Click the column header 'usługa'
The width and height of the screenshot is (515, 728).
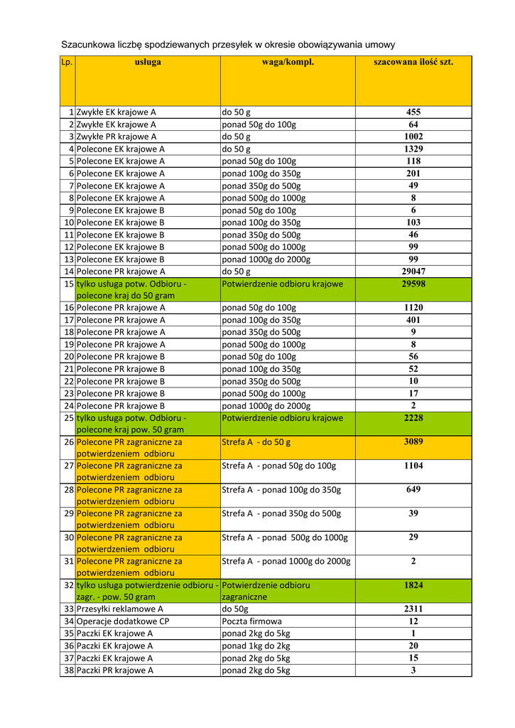point(148,62)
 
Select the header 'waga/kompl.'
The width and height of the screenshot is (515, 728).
point(288,62)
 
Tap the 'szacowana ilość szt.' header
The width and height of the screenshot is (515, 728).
point(413,62)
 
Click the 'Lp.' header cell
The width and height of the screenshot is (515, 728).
point(67,62)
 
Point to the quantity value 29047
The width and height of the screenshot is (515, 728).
point(413,271)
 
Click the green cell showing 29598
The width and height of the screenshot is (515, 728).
point(413,283)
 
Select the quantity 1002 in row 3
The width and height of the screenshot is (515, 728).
point(413,136)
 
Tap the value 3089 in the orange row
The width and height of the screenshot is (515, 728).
point(413,441)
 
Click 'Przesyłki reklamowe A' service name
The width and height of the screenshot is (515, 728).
point(120,609)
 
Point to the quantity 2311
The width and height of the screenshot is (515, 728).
point(413,609)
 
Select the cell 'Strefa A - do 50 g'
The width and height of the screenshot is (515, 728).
point(256,442)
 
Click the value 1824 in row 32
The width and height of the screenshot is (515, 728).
point(413,584)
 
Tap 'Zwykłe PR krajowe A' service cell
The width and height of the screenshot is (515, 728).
point(116,136)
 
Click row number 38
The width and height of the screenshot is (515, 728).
point(69,670)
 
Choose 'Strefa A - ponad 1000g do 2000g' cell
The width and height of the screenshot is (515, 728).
point(286,561)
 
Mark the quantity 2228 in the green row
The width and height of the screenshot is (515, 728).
point(413,417)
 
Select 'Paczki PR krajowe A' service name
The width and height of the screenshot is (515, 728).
point(115,670)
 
